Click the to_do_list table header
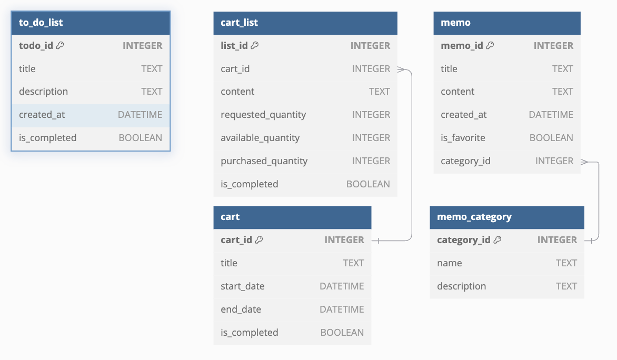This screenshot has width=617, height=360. [x=41, y=23]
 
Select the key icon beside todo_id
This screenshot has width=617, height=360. [x=60, y=45]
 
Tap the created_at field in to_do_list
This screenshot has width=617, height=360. [x=42, y=115]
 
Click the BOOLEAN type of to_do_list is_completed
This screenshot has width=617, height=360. [x=141, y=138]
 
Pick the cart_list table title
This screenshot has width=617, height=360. [x=239, y=23]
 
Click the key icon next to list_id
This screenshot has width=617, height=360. [x=255, y=45]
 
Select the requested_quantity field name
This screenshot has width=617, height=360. [x=263, y=115]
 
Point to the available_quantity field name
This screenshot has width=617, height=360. [x=260, y=138]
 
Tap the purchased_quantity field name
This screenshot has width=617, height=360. [x=264, y=161]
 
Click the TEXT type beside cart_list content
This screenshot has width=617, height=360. [x=380, y=92]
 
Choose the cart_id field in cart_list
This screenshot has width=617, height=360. [x=235, y=68]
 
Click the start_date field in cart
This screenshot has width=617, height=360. [x=242, y=286]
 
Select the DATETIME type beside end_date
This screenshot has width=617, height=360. [x=342, y=309]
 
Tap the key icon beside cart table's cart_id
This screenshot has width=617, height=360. [x=259, y=240]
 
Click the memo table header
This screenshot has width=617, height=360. [x=455, y=23]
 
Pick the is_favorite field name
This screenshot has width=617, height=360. [x=463, y=138]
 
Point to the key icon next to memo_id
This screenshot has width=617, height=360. [x=490, y=45]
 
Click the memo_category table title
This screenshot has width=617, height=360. [x=474, y=217]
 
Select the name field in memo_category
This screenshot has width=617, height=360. [x=449, y=263]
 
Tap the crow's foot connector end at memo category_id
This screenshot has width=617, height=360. [x=584, y=162]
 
